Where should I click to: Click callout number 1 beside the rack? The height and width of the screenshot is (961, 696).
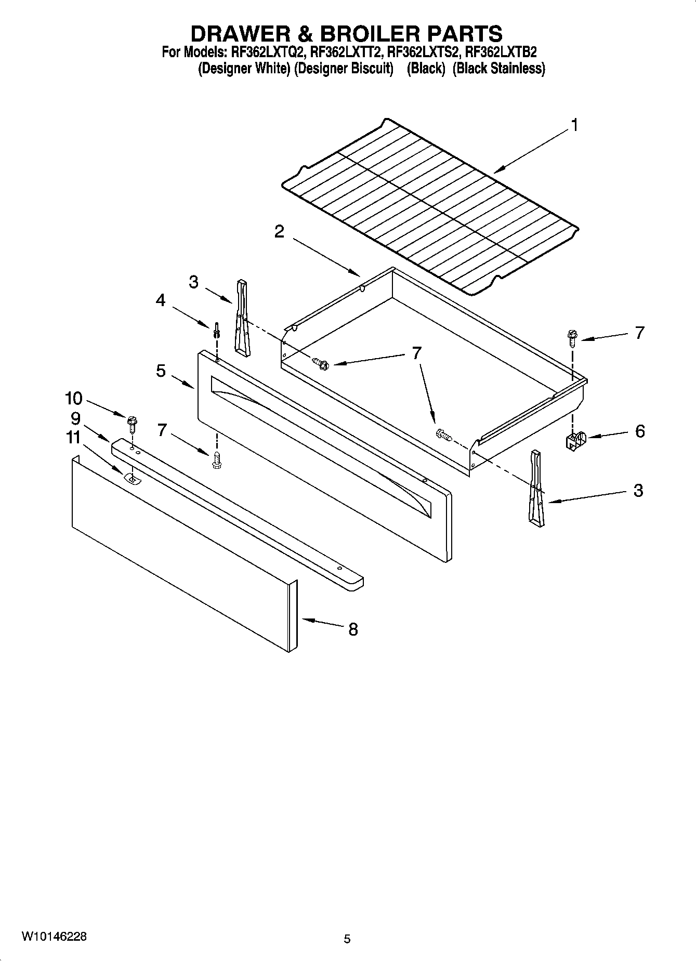pyautogui.click(x=574, y=125)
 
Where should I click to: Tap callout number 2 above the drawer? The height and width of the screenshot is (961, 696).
pyautogui.click(x=279, y=232)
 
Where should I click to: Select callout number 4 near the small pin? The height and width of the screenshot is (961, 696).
pyautogui.click(x=161, y=300)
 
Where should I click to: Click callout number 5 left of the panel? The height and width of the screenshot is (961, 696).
pyautogui.click(x=161, y=371)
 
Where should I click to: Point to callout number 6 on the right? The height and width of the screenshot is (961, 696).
pyautogui.click(x=639, y=431)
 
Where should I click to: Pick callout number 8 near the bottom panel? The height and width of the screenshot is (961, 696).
pyautogui.click(x=353, y=629)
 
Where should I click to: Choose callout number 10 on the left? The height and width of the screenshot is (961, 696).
pyautogui.click(x=73, y=399)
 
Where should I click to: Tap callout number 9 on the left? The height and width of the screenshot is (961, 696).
pyautogui.click(x=76, y=418)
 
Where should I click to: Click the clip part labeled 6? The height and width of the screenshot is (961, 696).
pyautogui.click(x=574, y=441)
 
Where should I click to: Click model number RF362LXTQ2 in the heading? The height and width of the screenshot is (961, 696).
pyautogui.click(x=267, y=52)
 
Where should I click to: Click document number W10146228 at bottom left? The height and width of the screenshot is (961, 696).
pyautogui.click(x=54, y=936)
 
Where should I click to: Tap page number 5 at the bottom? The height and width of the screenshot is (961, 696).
pyautogui.click(x=347, y=939)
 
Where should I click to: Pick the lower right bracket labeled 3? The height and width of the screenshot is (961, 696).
pyautogui.click(x=536, y=489)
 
